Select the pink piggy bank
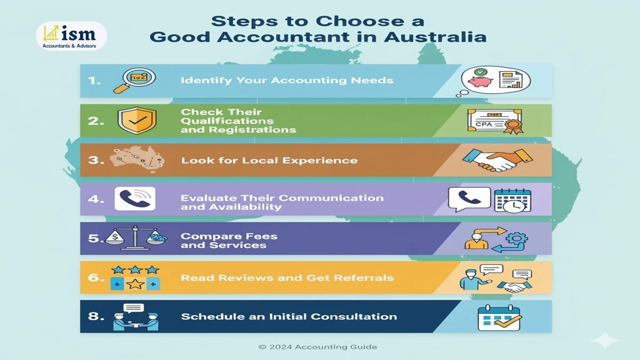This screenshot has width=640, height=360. coord(478,82)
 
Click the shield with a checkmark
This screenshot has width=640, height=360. coord(137,121)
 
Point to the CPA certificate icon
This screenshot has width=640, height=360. coord(494,122)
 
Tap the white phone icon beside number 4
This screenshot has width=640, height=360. coord(135,199)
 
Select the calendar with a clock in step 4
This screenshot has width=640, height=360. coord(509,201)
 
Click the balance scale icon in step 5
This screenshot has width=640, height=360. coord(135,238)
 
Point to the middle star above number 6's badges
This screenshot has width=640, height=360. coord(135,270)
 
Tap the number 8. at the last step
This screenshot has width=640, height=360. coord(97,316)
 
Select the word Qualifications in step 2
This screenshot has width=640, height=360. coord(227,121)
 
